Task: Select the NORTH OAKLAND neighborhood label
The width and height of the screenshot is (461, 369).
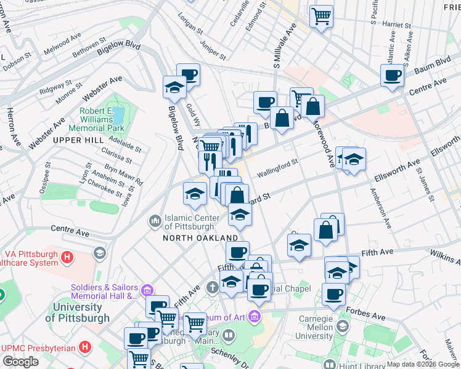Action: point(200,238)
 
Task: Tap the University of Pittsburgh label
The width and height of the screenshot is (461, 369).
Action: point(78,312)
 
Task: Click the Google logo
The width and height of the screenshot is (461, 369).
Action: point(20,362)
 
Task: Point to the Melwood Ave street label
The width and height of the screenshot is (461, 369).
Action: point(67,41)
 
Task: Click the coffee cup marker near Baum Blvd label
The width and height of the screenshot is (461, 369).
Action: point(392,76)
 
